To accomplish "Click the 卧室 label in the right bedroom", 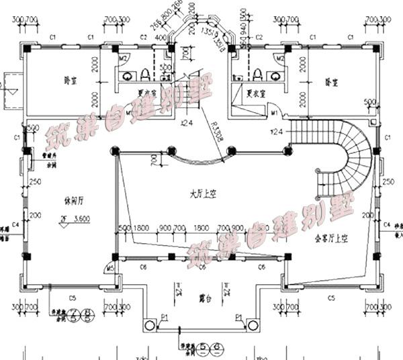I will [331, 82].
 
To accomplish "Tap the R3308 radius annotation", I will [215, 132].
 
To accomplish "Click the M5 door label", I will [110, 269].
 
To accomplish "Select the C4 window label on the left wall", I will [15, 223].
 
